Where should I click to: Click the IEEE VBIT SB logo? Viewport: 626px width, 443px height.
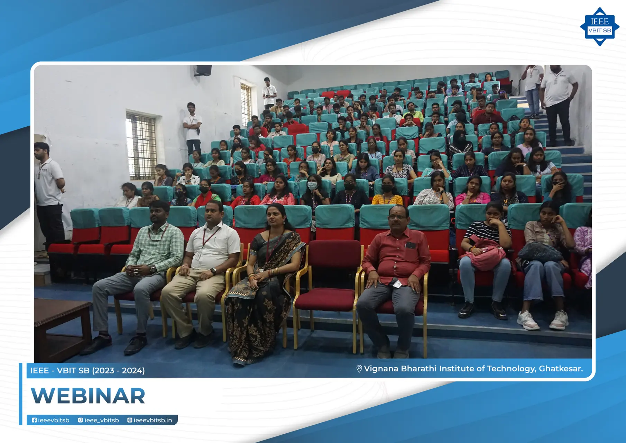tap(599, 27)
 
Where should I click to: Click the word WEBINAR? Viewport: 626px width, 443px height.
tap(88, 396)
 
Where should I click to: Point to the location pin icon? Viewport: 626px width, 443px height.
tap(359, 369)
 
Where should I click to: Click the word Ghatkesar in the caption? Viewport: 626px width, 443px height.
tap(560, 369)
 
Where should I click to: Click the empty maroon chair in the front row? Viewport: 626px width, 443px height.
tap(329, 277)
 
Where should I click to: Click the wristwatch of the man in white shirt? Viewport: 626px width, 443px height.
tap(213, 271)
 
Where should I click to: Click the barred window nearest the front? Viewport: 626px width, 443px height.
tap(141, 145)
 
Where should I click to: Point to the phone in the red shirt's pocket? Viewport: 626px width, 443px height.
tap(411, 245)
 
